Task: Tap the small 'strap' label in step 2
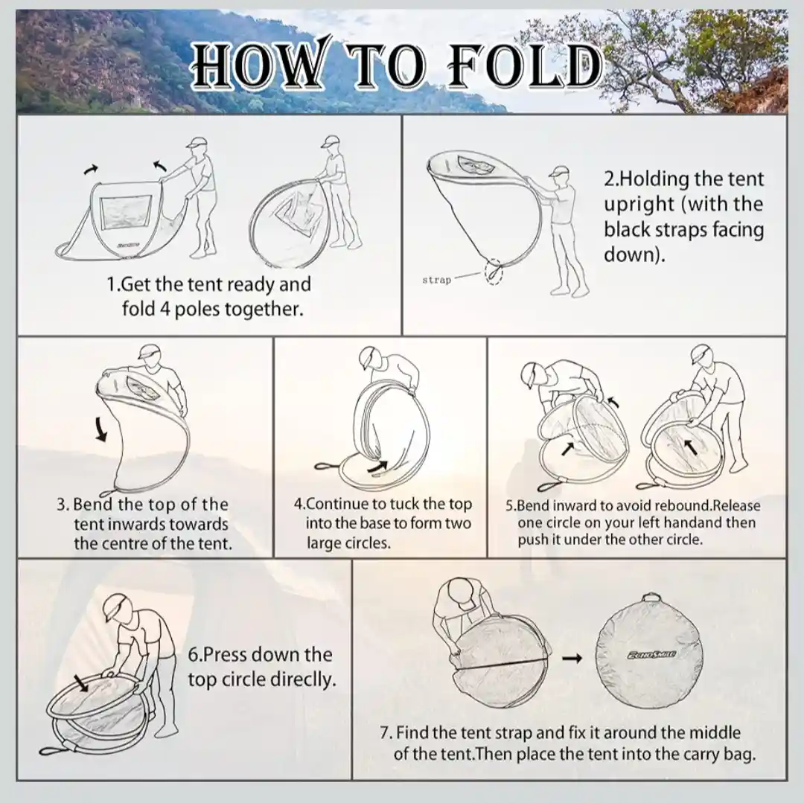tap(436, 280)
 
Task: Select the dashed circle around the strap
tap(494, 272)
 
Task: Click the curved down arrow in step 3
tap(101, 429)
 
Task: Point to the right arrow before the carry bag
tap(572, 658)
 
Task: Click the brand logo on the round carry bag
tap(651, 654)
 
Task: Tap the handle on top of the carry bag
tap(651, 598)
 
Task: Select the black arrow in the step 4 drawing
tap(378, 467)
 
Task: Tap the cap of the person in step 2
tap(558, 171)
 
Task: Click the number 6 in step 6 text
tap(193, 655)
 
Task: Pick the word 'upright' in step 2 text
tap(639, 205)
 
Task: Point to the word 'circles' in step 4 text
tap(368, 543)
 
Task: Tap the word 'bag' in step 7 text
tap(741, 755)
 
